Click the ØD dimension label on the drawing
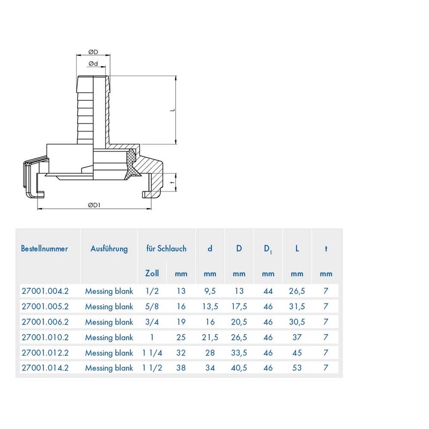point(92,52)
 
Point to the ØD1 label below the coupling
point(95,205)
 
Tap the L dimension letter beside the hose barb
point(173,109)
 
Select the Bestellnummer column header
point(45,248)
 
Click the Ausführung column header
point(109,248)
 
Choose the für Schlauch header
point(166,248)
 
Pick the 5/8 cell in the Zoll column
point(152,307)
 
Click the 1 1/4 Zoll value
point(152,353)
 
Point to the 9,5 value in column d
point(210,291)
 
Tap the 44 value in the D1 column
point(268,291)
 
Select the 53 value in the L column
point(297,368)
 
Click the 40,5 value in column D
point(239,368)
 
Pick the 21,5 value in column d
point(210,337)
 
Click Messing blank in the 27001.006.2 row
point(109,322)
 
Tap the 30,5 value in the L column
point(297,322)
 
